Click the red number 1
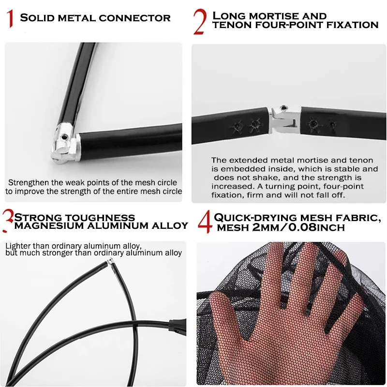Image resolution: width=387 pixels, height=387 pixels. (x=10, y=18)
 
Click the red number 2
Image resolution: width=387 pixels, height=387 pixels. (x=200, y=21)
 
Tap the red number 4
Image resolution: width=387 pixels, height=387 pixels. (x=205, y=222)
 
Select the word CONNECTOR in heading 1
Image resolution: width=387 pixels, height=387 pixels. (x=134, y=18)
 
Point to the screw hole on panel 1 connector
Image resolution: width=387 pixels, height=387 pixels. (x=65, y=136)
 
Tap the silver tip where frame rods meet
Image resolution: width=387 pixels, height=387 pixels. (x=110, y=261)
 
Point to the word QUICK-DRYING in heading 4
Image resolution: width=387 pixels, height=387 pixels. (x=255, y=218)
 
